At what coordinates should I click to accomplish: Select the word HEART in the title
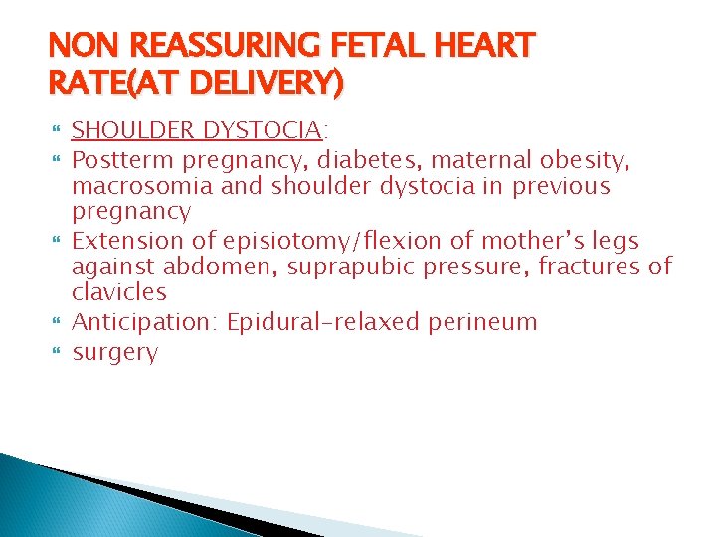point(487,46)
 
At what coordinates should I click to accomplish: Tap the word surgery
point(115,352)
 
